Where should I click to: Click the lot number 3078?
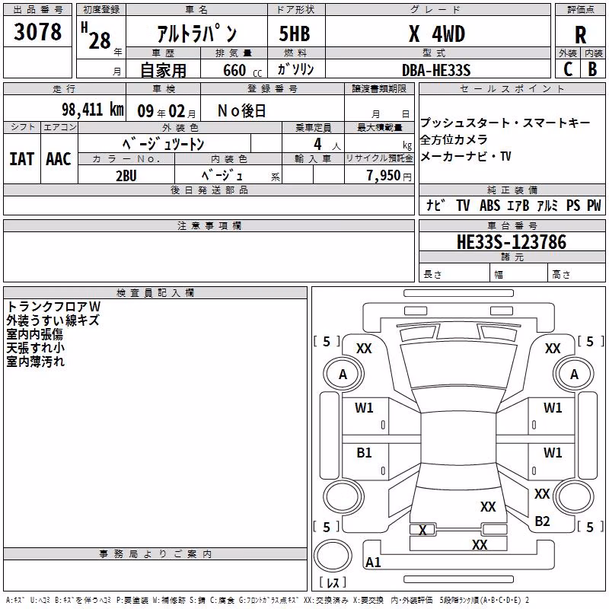coord(37,32)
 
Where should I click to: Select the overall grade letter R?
coord(580,35)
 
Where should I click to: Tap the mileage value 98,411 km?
coord(92,110)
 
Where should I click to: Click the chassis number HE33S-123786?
coord(512,241)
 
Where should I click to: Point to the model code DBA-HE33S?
coord(436,70)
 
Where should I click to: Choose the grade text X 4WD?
coord(437,34)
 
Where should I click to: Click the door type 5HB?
coord(295,33)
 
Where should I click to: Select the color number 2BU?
coord(126,176)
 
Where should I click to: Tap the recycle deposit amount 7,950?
coord(384,176)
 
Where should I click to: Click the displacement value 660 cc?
coord(242,71)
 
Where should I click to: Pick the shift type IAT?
coord(21,159)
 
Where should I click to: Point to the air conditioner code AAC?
coord(59,159)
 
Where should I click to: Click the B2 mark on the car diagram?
coord(542,521)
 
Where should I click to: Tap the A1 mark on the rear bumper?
coord(373,562)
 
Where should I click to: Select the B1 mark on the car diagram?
coord(364,453)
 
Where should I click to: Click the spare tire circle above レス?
coord(333,556)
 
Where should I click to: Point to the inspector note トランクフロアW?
coord(53,307)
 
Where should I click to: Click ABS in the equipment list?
coord(489,206)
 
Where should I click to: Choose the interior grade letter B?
coord(592,69)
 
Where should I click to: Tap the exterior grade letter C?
coord(568,69)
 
